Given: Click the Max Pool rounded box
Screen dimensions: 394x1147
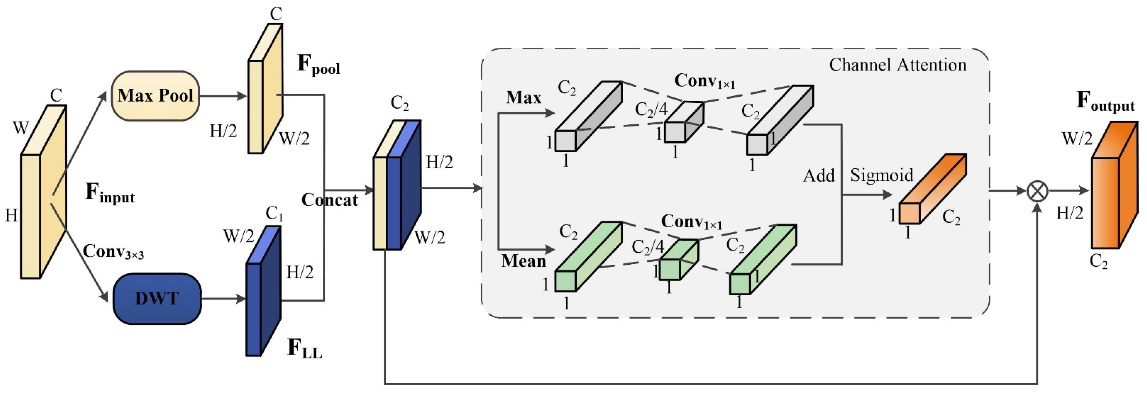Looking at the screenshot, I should pos(155,96).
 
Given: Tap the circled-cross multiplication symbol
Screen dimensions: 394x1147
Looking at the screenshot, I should pos(1037,191).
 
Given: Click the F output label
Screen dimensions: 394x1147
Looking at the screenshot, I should pos(1105,101).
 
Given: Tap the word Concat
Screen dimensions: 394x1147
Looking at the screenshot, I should pos(330,200).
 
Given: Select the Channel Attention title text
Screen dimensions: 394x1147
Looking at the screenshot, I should pos(897,65).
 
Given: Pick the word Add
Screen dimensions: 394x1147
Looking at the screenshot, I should pos(818,176).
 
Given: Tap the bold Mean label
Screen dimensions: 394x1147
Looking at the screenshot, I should pos(524,261).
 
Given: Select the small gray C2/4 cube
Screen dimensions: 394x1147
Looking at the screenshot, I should pos(684,124).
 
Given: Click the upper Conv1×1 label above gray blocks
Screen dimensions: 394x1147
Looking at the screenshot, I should pos(705,82).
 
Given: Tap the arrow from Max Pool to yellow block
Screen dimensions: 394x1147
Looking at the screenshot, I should pos(223,96).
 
